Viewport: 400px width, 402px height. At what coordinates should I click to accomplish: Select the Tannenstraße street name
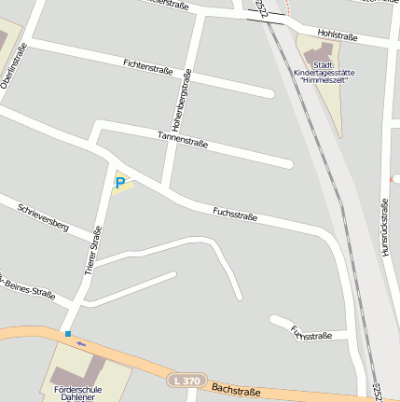pyautogui.click(x=183, y=141)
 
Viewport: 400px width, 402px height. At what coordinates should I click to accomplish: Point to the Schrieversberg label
pyautogui.click(x=44, y=215)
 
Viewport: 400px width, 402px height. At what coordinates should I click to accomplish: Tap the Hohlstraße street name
pyautogui.click(x=337, y=35)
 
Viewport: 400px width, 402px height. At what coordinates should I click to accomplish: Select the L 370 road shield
pyautogui.click(x=186, y=381)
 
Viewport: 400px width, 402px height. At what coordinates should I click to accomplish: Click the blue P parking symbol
pyautogui.click(x=120, y=183)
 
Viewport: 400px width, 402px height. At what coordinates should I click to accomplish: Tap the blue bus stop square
pyautogui.click(x=68, y=333)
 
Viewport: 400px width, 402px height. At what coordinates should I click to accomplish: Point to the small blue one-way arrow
pyautogui.click(x=81, y=344)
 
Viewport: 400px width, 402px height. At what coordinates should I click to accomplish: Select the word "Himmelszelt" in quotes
pyautogui.click(x=323, y=80)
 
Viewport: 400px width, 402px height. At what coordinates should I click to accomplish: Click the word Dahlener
pyautogui.click(x=78, y=398)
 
